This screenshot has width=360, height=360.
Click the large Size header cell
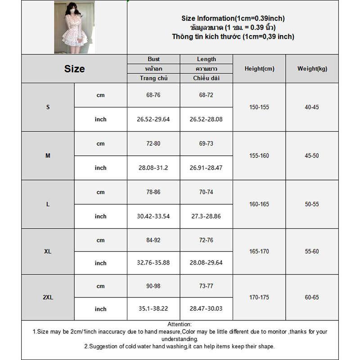(x=74, y=69)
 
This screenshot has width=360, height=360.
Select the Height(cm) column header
(x=259, y=69)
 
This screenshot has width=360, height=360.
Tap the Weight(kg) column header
(x=312, y=69)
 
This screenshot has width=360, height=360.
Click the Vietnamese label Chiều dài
(x=206, y=78)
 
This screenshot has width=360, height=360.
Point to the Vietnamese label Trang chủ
(x=153, y=78)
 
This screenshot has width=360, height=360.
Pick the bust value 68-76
(x=153, y=95)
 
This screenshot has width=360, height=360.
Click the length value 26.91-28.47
(x=206, y=168)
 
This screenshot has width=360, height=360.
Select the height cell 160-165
(x=259, y=204)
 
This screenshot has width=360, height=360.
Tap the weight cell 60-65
(x=312, y=297)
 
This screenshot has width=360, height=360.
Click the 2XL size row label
(x=48, y=297)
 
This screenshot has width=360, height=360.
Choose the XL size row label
(x=48, y=252)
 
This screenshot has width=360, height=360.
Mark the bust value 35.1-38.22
(x=153, y=309)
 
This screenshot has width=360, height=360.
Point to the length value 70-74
(x=206, y=192)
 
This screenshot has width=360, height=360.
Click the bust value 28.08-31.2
(x=153, y=168)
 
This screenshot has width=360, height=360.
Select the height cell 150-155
(x=259, y=108)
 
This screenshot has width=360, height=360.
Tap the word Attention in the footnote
(x=179, y=324)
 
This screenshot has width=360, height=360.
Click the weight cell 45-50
(x=312, y=156)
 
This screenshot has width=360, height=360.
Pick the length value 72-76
(x=206, y=240)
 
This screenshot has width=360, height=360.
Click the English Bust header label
(x=153, y=59)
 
